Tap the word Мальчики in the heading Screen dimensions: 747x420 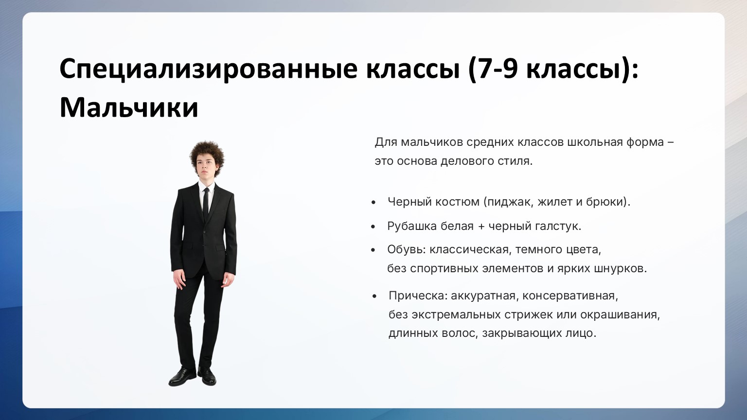click(129, 107)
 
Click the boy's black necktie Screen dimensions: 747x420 click(206, 203)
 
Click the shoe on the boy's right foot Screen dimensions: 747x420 click(182, 377)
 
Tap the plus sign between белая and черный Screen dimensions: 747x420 click(481, 227)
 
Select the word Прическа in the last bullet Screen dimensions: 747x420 click(418, 296)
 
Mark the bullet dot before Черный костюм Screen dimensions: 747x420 click(373, 202)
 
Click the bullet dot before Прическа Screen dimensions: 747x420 click(374, 296)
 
